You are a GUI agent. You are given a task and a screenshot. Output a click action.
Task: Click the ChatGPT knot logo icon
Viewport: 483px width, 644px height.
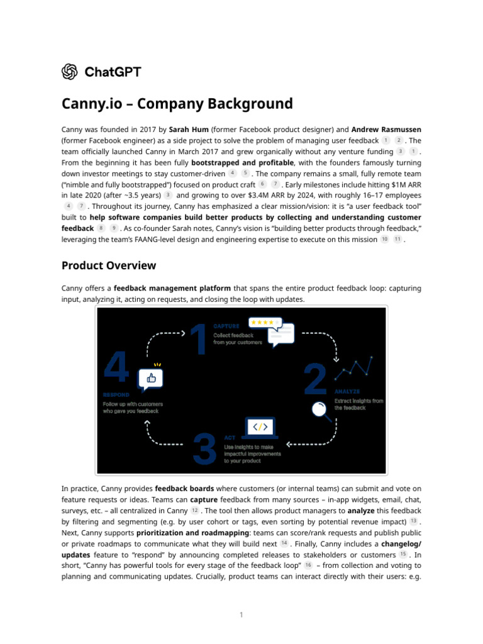click(70, 72)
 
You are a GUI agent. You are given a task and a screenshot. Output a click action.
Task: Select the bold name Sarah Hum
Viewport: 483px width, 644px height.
click(189, 129)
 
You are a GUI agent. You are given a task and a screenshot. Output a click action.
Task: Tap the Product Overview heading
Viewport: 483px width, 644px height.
click(109, 265)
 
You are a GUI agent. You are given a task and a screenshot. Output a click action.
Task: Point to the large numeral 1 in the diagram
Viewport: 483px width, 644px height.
click(198, 340)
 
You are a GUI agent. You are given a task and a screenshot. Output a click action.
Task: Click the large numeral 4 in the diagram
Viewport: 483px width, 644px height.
click(116, 367)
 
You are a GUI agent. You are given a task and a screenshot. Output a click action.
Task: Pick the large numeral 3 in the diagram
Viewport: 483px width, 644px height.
click(206, 448)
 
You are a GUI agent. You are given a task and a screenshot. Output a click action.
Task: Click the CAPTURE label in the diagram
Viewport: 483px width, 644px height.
click(226, 326)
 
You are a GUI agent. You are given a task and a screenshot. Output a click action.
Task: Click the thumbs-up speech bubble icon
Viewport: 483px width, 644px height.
click(151, 378)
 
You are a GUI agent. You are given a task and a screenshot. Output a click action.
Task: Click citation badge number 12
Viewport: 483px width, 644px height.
click(195, 510)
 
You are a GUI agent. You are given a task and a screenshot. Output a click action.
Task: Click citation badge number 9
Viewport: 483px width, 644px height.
click(114, 228)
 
